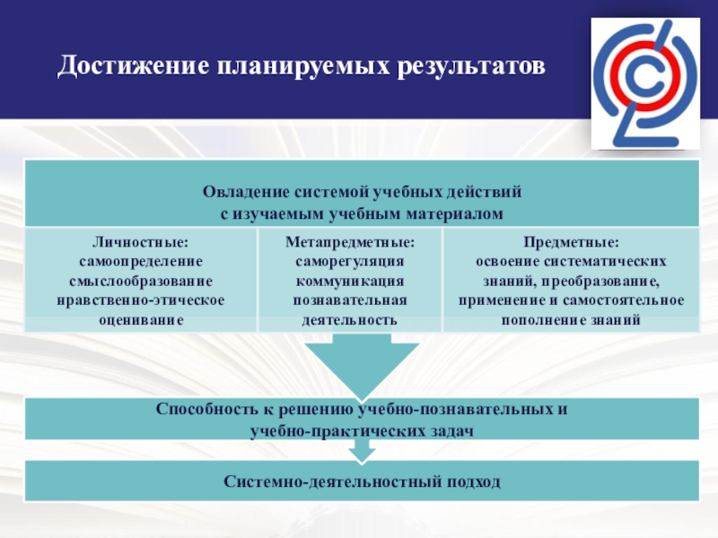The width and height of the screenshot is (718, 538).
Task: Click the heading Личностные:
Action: (141, 242)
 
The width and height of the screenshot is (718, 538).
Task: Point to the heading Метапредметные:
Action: (350, 242)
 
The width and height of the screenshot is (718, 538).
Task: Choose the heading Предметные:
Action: (571, 242)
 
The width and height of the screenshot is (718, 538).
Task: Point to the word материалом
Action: (460, 213)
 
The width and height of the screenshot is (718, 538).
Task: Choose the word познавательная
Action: (350, 300)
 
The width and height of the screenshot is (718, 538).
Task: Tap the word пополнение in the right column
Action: (542, 320)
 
